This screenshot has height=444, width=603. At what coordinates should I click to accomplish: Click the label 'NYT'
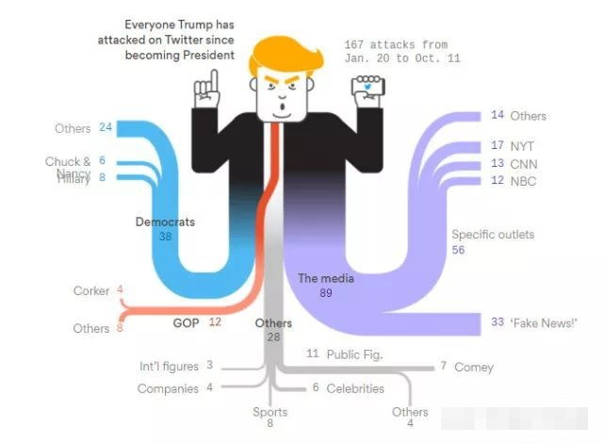pos(522,146)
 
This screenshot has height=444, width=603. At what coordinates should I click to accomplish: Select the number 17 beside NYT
pos(497,146)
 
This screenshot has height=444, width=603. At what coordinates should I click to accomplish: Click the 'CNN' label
pos(524,163)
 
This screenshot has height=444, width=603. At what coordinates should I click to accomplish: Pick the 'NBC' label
pos(523,180)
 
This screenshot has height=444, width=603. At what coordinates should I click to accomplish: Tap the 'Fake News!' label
pos(546,322)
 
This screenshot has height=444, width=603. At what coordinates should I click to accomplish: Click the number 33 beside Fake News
pos(497,322)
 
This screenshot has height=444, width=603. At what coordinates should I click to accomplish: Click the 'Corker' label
pos(91,290)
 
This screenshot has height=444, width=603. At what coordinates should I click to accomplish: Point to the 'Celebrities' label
pos(355,388)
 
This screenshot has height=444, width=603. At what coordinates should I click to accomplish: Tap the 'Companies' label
pos(168,388)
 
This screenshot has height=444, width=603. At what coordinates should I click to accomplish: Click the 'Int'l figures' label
pos(169,366)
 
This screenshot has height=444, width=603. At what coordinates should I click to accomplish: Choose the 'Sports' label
pos(269,412)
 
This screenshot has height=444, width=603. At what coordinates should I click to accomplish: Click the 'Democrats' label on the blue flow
pos(165,222)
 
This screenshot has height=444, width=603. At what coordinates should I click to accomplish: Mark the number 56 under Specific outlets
pos(459,250)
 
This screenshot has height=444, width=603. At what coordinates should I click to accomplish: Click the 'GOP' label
pos(185,322)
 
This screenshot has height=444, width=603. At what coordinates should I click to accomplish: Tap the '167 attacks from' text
pos(395,44)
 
